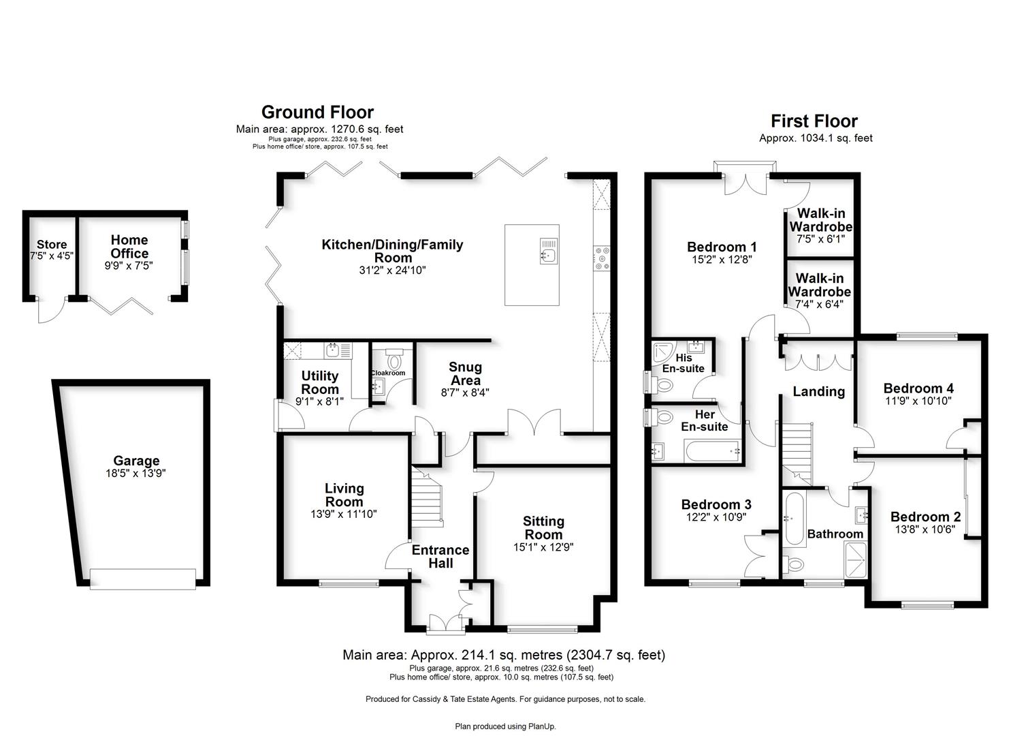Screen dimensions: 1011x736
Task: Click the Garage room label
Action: [x=136, y=461]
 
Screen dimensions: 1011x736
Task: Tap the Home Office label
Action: [x=129, y=247]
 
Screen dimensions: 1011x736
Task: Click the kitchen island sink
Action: [x=549, y=251]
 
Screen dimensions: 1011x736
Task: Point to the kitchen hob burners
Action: [x=602, y=258]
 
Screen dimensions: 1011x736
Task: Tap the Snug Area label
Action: [x=465, y=373]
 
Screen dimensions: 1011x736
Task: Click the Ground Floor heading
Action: [x=318, y=112]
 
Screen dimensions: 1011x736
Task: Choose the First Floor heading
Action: [x=814, y=121]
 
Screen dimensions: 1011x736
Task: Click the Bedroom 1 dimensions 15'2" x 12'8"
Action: [x=722, y=260]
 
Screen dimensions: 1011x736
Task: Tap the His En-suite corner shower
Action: [x=664, y=354]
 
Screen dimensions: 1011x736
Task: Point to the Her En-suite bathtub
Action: [x=712, y=451]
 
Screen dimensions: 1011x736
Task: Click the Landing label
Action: [x=819, y=391]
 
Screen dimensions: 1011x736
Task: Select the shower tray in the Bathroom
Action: [x=856, y=559]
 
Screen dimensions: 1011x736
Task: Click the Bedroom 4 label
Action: [x=918, y=388]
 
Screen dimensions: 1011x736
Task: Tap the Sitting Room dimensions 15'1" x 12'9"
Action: [x=543, y=547]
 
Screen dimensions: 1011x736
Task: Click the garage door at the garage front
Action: [x=142, y=579]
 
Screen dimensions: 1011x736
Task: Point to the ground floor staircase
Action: [x=426, y=497]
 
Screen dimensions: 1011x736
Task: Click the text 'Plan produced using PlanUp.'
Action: [x=505, y=726]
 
